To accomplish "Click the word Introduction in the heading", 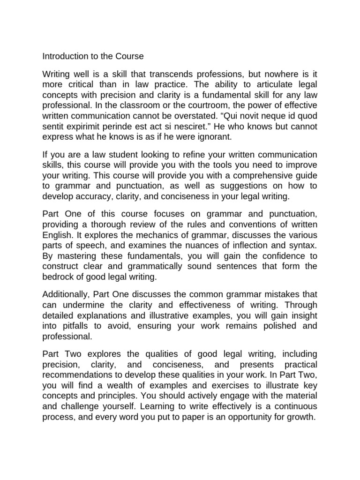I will point(64,56).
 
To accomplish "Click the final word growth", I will point(300,416).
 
